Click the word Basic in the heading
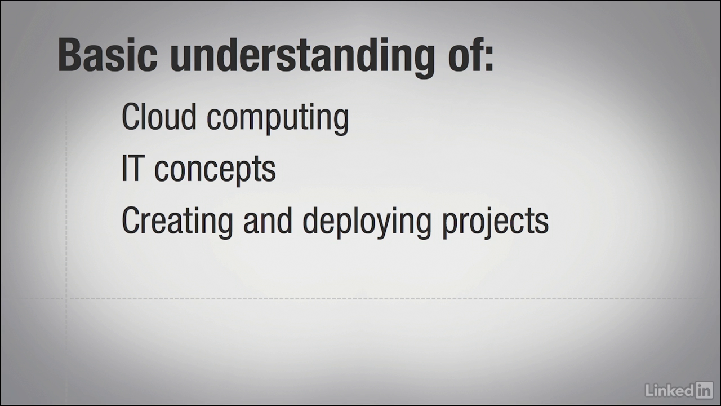[x=108, y=55]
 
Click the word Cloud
[x=159, y=116]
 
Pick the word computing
[x=278, y=119]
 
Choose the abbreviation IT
[x=132, y=168]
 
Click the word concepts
[x=215, y=171]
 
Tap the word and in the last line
[x=268, y=220]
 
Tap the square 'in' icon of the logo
[x=704, y=390]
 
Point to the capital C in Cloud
[x=131, y=116]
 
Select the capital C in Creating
[x=131, y=220]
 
